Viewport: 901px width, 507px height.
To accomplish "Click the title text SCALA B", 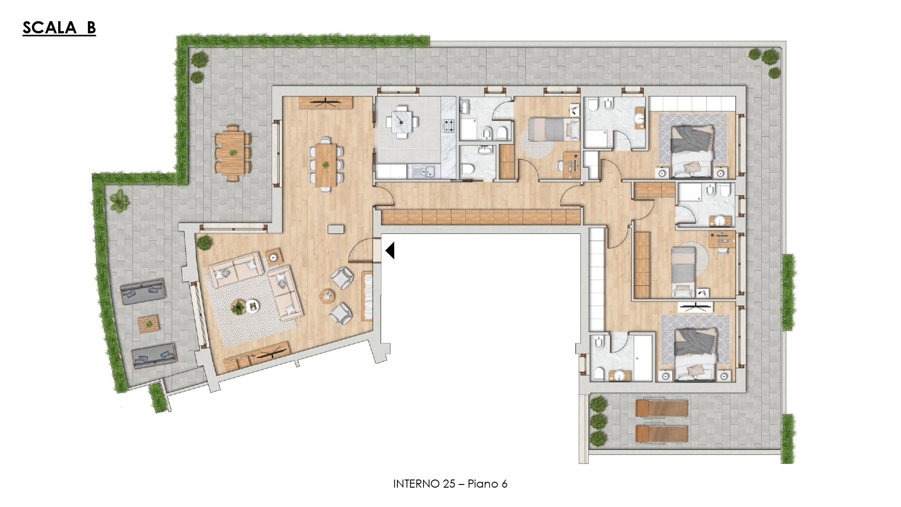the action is coord(59,27).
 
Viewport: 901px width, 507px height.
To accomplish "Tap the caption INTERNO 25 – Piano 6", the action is coord(450,484).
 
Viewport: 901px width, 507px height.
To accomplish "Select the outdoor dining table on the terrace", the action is coord(232,153).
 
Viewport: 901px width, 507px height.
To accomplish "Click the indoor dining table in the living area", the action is coord(325,164).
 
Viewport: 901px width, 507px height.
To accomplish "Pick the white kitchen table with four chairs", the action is coord(402,121).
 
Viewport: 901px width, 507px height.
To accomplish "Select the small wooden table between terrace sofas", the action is coord(148,324).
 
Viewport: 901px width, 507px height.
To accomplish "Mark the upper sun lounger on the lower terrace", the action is coord(661,409).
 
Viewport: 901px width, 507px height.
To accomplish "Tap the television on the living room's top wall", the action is coord(325,103).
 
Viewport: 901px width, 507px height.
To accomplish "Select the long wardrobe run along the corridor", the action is coord(481,217).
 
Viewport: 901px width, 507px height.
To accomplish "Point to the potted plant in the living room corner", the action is coord(205,242).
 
